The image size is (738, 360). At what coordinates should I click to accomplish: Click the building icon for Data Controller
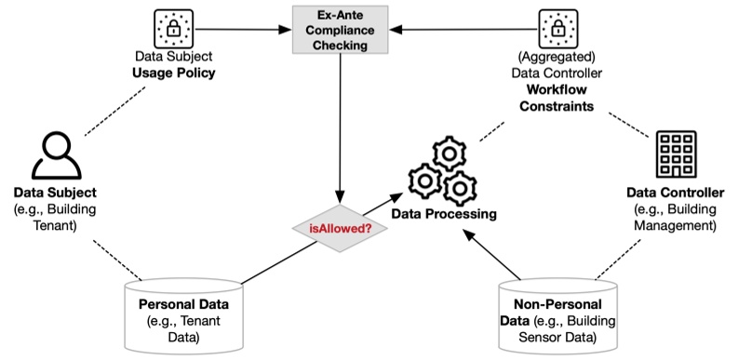(x=676, y=154)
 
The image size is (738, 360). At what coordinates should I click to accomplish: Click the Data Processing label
(x=443, y=214)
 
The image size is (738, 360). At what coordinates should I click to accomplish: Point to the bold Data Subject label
(x=55, y=193)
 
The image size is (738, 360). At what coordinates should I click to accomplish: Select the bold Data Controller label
(x=677, y=193)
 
